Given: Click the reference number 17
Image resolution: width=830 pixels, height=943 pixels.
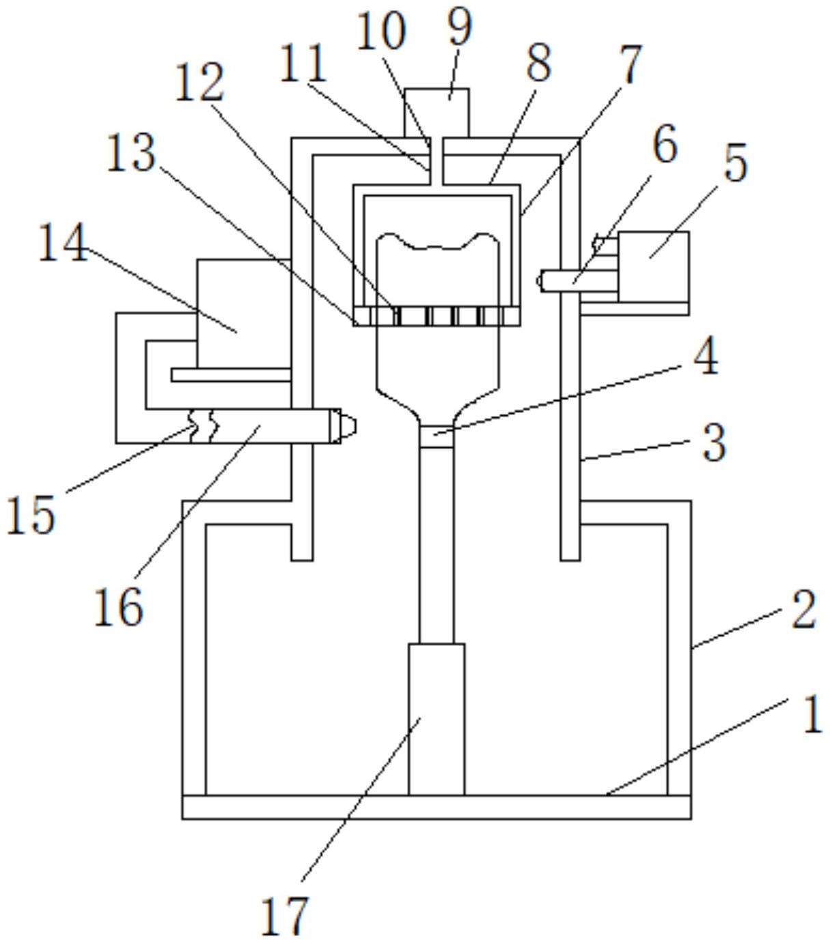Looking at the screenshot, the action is [x=285, y=916].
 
